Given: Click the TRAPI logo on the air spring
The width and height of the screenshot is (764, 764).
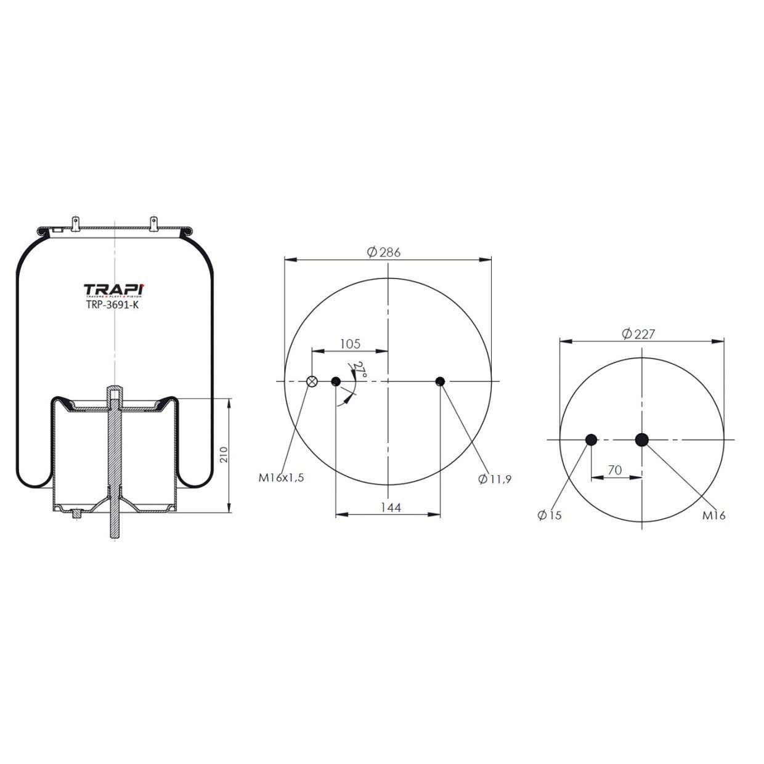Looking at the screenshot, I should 114,290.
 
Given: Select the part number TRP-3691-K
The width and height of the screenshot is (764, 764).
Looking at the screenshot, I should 112,304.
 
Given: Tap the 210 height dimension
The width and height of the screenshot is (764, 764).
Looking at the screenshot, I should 224,455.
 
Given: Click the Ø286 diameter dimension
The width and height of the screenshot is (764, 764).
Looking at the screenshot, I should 384,251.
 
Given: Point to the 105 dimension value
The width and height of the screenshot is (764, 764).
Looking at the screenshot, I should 350,344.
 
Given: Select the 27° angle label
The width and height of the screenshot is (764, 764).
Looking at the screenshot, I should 359,371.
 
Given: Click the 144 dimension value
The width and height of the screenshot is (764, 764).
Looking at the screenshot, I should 391,507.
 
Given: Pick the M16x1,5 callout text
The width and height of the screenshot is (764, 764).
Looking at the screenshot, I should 282,477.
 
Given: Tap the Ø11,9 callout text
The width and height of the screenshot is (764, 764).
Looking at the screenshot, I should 495,479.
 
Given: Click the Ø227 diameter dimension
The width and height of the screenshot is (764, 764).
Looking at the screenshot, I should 638,334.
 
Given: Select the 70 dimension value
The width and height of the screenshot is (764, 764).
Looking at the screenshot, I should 614,470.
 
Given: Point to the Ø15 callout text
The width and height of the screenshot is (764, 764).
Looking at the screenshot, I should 550,515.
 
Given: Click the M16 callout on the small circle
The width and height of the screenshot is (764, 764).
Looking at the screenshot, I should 714,516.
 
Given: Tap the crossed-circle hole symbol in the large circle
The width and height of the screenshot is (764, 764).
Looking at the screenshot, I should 312,381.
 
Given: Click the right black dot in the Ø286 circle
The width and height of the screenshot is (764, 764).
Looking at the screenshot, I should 440,381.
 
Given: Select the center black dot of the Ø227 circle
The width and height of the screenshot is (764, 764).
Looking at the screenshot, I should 642,439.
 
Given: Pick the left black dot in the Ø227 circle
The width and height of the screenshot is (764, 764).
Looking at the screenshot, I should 591,439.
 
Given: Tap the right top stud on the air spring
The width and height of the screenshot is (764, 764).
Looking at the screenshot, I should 153,223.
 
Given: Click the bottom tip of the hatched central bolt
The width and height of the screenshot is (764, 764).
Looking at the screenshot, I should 115,536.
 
